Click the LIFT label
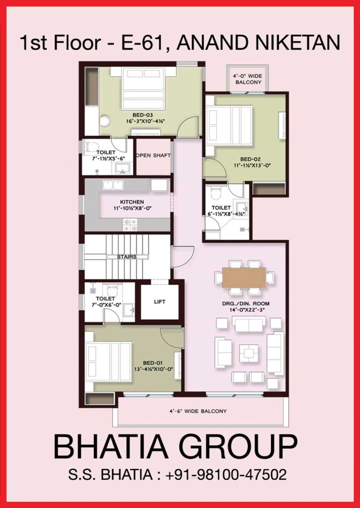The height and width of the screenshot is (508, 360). [160, 302]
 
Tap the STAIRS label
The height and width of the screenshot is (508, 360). [126, 257]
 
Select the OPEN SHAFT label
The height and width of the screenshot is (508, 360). [153, 155]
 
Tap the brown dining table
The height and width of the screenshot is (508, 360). [244, 277]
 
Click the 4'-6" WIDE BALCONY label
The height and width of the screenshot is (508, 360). [197, 411]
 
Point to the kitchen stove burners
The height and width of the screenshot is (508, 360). [130, 225]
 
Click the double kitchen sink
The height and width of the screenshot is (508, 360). [113, 185]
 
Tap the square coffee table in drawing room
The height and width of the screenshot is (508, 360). [248, 353]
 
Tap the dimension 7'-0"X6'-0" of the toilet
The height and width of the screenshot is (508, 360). [106, 304]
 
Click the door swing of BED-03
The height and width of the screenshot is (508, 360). [188, 126]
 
